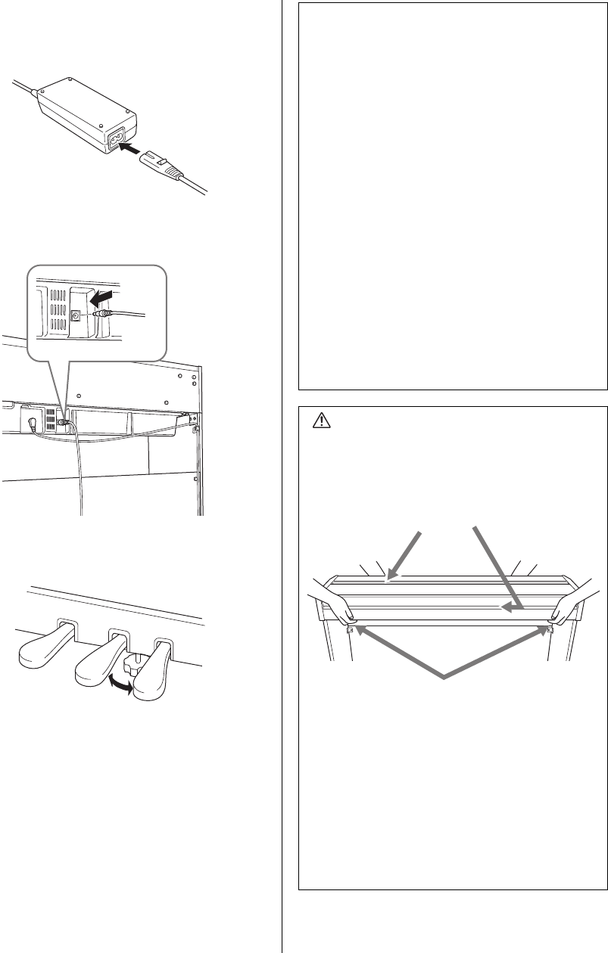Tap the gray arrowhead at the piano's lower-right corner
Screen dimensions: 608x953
[x=544, y=627]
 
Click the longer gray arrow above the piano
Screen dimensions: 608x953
[x=496, y=567]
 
